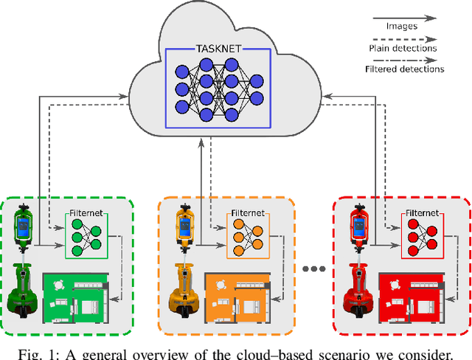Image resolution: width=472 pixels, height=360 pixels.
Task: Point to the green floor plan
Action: [76, 296]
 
